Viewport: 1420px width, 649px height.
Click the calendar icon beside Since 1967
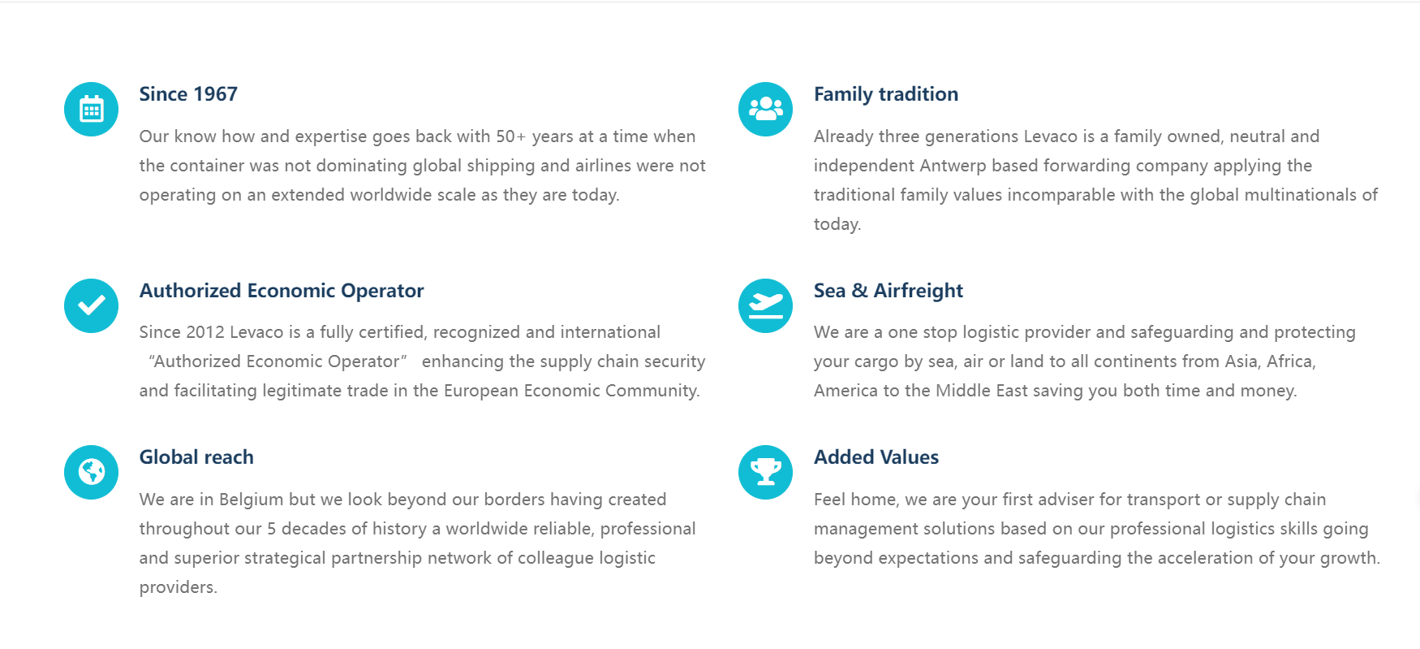point(92,109)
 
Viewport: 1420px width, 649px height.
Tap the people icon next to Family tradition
point(766,109)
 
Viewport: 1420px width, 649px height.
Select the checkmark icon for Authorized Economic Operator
point(92,305)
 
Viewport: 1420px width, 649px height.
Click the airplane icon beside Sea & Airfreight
point(766,305)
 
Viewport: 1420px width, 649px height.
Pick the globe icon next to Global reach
point(92,472)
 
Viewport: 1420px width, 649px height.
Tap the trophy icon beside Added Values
point(766,472)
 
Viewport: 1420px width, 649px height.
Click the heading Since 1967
point(188,94)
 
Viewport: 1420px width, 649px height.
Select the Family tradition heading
point(886,94)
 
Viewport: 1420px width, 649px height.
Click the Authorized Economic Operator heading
point(282,291)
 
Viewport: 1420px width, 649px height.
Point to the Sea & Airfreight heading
point(889,291)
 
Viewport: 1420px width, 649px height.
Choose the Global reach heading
point(196,457)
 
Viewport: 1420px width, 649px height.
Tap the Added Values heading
point(876,457)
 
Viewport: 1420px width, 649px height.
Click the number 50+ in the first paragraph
point(511,136)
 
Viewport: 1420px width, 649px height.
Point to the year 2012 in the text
point(205,332)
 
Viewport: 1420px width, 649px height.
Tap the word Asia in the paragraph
point(1242,361)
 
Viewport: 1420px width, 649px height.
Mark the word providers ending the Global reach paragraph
point(178,587)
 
